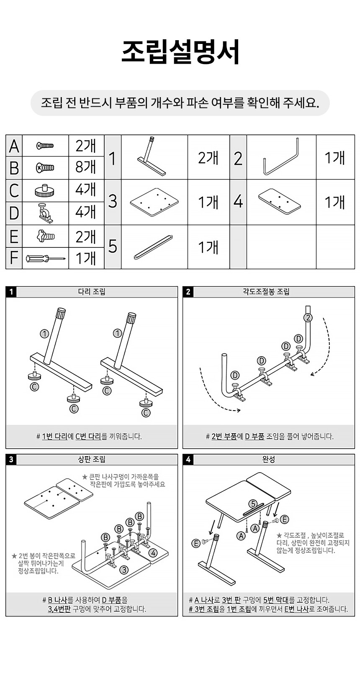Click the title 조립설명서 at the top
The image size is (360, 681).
click(180, 52)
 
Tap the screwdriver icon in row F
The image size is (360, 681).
click(45, 259)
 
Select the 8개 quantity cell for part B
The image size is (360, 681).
click(86, 167)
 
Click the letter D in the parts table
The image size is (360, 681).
click(14, 213)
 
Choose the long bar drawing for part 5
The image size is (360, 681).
click(153, 247)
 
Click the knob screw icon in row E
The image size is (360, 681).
click(45, 235)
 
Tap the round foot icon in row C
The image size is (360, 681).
click(45, 190)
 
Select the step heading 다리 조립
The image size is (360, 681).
click(92, 292)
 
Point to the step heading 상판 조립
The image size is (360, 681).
click(92, 459)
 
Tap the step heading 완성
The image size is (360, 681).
click(268, 459)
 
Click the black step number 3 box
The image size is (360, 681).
click(11, 460)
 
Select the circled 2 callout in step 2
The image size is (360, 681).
click(308, 318)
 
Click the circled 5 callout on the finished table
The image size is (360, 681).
click(253, 504)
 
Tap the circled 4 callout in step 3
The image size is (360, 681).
click(153, 553)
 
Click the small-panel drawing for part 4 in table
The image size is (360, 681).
click(279, 201)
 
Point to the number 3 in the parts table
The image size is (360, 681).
click(112, 201)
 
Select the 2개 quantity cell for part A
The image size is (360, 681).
click(86, 145)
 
